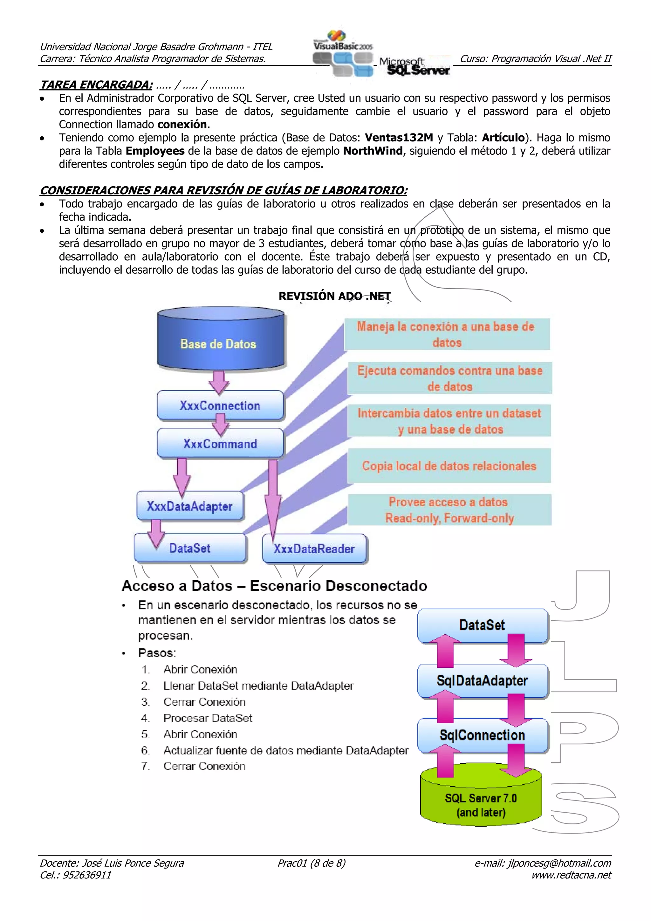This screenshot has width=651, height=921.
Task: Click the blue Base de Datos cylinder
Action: pyautogui.click(x=220, y=339)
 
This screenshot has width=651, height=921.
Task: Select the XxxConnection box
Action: pyautogui.click(x=220, y=406)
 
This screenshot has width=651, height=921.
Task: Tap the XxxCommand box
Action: pyautogui.click(x=220, y=444)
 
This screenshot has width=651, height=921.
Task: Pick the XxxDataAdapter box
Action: pyautogui.click(x=190, y=506)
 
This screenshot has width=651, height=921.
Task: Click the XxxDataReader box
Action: pyautogui.click(x=314, y=549)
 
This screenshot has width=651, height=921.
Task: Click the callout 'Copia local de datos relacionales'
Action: pyautogui.click(x=449, y=466)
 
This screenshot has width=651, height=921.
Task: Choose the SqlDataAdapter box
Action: pyautogui.click(x=482, y=681)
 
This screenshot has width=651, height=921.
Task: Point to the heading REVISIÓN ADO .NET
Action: pyautogui.click(x=334, y=296)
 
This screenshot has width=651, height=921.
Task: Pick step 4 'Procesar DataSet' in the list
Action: pyautogui.click(x=207, y=718)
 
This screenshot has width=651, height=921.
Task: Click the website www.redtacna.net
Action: pyautogui.click(x=571, y=875)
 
